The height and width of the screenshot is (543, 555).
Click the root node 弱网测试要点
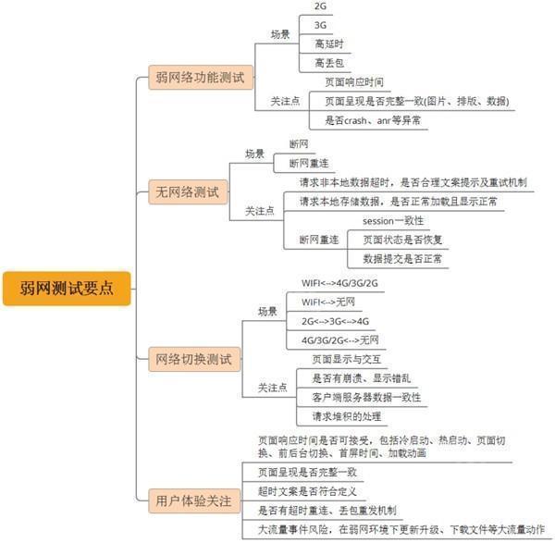(x=67, y=289)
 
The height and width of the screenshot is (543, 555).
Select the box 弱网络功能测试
(x=201, y=77)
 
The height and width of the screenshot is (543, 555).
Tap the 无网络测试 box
(x=188, y=192)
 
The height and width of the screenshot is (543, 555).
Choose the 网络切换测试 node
(x=194, y=359)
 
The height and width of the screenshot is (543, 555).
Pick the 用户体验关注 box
(x=194, y=500)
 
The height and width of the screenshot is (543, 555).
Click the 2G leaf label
(x=320, y=6)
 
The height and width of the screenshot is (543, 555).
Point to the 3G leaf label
(x=320, y=25)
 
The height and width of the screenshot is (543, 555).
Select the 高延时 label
(x=329, y=43)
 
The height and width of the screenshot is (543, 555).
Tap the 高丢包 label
(x=329, y=63)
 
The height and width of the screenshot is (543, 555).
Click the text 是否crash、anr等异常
(x=373, y=120)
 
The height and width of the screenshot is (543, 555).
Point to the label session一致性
(x=393, y=221)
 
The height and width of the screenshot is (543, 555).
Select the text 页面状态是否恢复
(x=402, y=240)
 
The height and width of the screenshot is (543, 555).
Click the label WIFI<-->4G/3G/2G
(x=339, y=283)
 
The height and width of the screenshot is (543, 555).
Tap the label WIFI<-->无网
(x=328, y=302)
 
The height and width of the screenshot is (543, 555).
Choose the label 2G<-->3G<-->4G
(x=335, y=321)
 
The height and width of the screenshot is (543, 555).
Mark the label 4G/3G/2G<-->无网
(x=340, y=340)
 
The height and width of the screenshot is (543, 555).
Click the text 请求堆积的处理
(x=347, y=416)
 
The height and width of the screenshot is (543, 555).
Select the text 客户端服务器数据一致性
(x=366, y=397)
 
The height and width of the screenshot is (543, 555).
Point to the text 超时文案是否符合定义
(x=307, y=491)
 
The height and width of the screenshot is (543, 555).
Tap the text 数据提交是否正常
(x=402, y=259)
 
